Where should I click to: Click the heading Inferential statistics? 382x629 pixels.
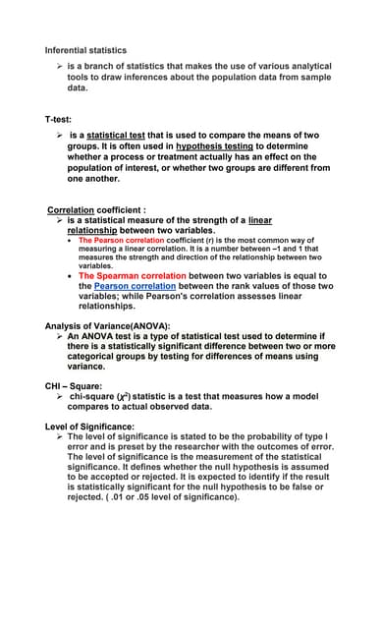(x=85, y=50)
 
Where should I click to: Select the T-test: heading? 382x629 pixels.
(x=59, y=118)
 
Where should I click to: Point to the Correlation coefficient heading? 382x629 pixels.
(x=96, y=209)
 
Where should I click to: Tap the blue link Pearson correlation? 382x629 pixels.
(x=126, y=286)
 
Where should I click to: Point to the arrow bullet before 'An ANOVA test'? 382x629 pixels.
(x=60, y=335)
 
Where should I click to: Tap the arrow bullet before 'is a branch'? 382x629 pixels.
(x=60, y=66)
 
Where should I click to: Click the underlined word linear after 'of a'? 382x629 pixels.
(x=260, y=220)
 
